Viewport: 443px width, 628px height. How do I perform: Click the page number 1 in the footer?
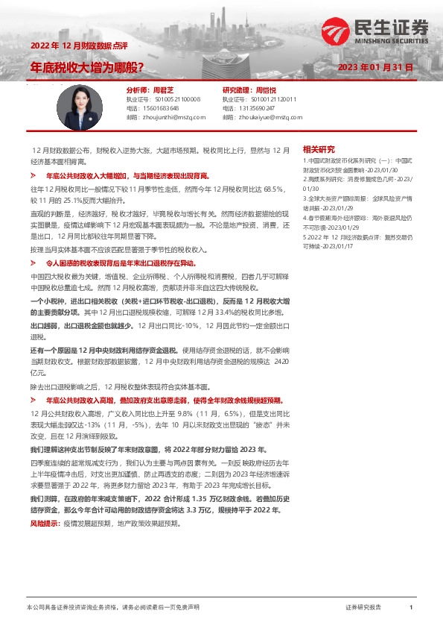pyautogui.click(x=410, y=609)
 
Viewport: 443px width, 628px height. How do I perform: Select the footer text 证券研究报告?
pyautogui.click(x=363, y=609)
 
